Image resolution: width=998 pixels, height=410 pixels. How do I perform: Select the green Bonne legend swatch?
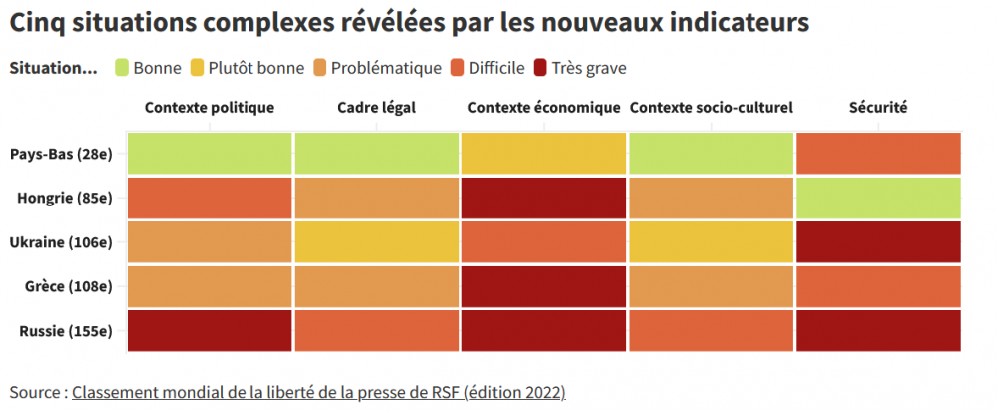tap(123, 68)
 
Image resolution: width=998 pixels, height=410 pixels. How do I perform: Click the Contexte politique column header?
tap(210, 108)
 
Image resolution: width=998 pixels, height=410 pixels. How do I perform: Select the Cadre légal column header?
tap(376, 108)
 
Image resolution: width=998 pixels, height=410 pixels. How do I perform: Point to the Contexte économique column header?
tap(544, 108)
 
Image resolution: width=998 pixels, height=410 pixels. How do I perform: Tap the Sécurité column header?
tap(877, 108)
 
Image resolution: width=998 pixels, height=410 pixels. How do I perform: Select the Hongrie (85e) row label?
tap(65, 198)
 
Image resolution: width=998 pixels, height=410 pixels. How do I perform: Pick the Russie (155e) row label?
tap(66, 331)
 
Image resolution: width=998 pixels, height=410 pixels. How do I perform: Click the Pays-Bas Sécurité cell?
tap(878, 153)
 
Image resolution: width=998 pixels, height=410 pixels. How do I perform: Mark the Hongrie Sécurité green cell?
tap(878, 198)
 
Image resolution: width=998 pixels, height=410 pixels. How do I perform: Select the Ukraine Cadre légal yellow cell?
tap(376, 242)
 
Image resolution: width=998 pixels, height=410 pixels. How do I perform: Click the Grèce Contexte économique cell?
tap(544, 286)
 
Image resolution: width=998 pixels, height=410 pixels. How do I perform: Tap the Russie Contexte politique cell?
tap(210, 331)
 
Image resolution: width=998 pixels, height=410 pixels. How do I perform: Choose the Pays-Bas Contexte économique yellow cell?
tap(544, 153)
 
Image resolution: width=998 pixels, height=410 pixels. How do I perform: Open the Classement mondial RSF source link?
tap(318, 392)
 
